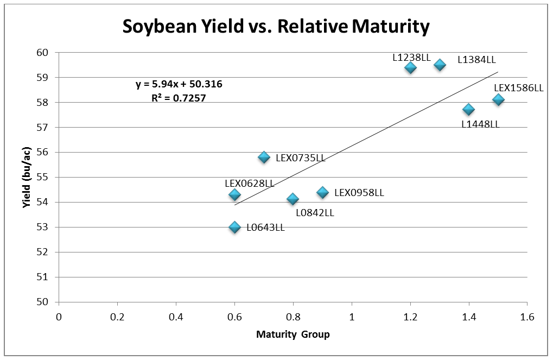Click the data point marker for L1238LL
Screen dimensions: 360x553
(410, 67)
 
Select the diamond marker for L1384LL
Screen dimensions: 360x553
(440, 65)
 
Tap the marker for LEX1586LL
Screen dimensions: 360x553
(498, 99)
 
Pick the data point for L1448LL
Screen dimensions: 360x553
(468, 110)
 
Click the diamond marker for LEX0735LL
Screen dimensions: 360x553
(264, 157)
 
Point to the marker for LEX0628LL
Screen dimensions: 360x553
(234, 194)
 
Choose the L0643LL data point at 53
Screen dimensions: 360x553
(234, 227)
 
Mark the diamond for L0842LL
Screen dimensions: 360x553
(293, 199)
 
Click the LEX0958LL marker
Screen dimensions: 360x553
(322, 192)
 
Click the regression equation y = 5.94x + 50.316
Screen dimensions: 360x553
(179, 84)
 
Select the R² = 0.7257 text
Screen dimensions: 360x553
(179, 99)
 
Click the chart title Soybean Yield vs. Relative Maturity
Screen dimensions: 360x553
(276, 26)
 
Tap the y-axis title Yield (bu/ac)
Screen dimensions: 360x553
(26, 177)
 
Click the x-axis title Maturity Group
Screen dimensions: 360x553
(293, 334)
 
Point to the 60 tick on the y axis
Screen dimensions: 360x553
(43, 53)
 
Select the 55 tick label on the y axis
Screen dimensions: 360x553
(43, 177)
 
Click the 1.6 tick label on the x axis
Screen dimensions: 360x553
(527, 315)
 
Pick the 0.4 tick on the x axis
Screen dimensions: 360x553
(176, 315)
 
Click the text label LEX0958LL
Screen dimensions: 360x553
(359, 193)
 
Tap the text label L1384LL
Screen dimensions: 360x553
(476, 60)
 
